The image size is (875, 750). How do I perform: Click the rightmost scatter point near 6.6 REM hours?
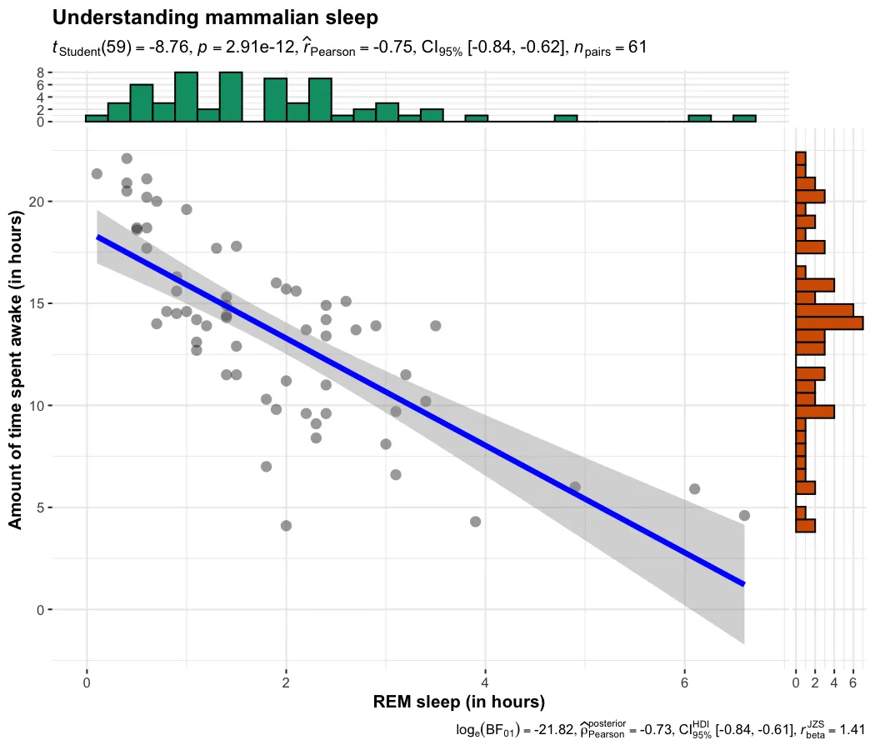click(744, 515)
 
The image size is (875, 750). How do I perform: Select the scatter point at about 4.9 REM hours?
click(574, 487)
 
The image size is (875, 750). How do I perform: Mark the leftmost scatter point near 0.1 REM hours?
click(97, 173)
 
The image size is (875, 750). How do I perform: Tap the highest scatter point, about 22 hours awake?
click(127, 158)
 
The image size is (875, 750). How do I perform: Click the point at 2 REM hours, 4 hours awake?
click(286, 526)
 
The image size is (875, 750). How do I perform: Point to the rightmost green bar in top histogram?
click(744, 118)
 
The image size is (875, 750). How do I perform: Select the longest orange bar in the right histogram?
click(829, 322)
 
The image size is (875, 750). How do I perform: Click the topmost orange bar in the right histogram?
click(801, 158)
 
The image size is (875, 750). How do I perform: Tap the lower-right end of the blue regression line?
click(742, 583)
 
